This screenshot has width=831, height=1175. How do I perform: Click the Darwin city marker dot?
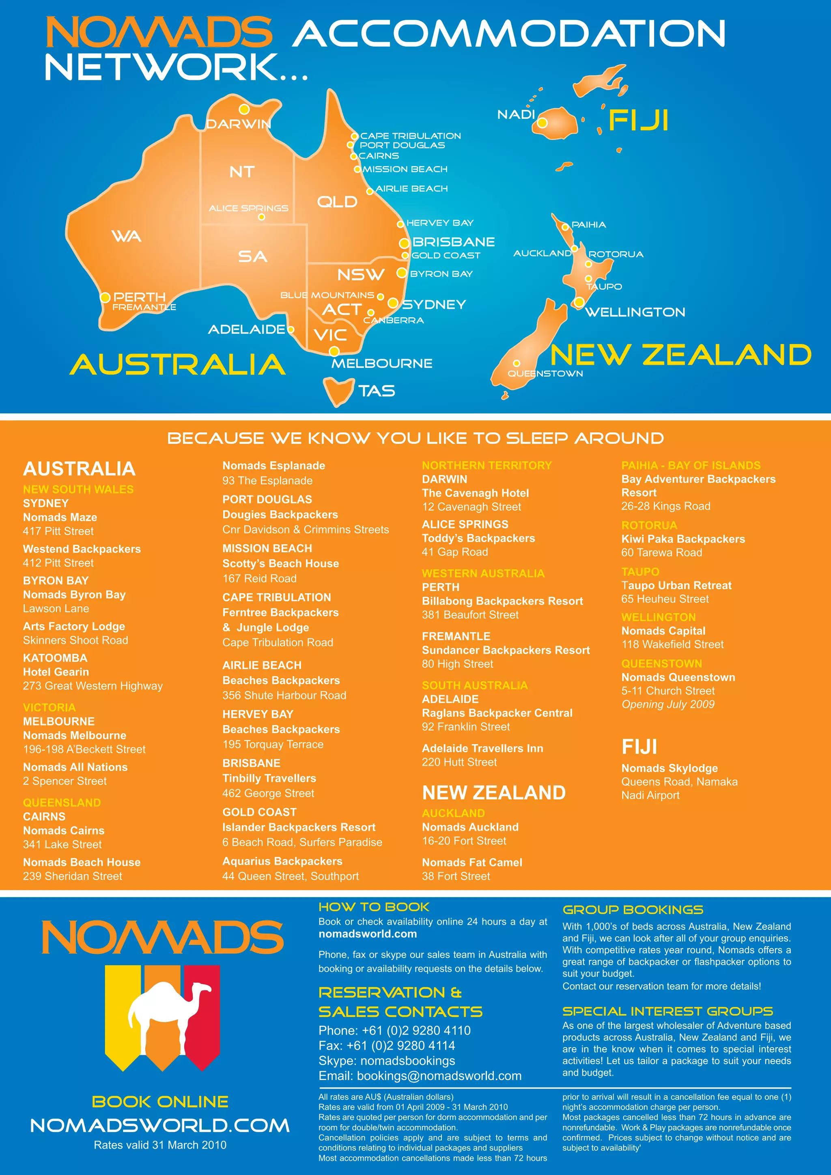244,109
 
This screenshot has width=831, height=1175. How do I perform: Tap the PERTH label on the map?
139,297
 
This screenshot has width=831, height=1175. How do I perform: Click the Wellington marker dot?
579,302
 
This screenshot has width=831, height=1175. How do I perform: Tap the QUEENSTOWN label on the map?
545,374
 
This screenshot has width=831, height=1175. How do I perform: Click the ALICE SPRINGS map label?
248,208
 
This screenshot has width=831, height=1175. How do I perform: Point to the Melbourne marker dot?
334,351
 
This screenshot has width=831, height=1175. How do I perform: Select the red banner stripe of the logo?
202,1011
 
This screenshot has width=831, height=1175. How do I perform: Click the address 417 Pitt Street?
58,531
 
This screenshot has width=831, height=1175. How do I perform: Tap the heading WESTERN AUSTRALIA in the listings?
483,573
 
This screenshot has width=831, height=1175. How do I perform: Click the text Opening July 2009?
668,704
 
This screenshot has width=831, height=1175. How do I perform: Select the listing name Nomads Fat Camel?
472,862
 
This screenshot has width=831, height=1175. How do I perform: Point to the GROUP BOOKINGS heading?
633,909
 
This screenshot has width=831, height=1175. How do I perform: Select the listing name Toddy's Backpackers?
478,538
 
